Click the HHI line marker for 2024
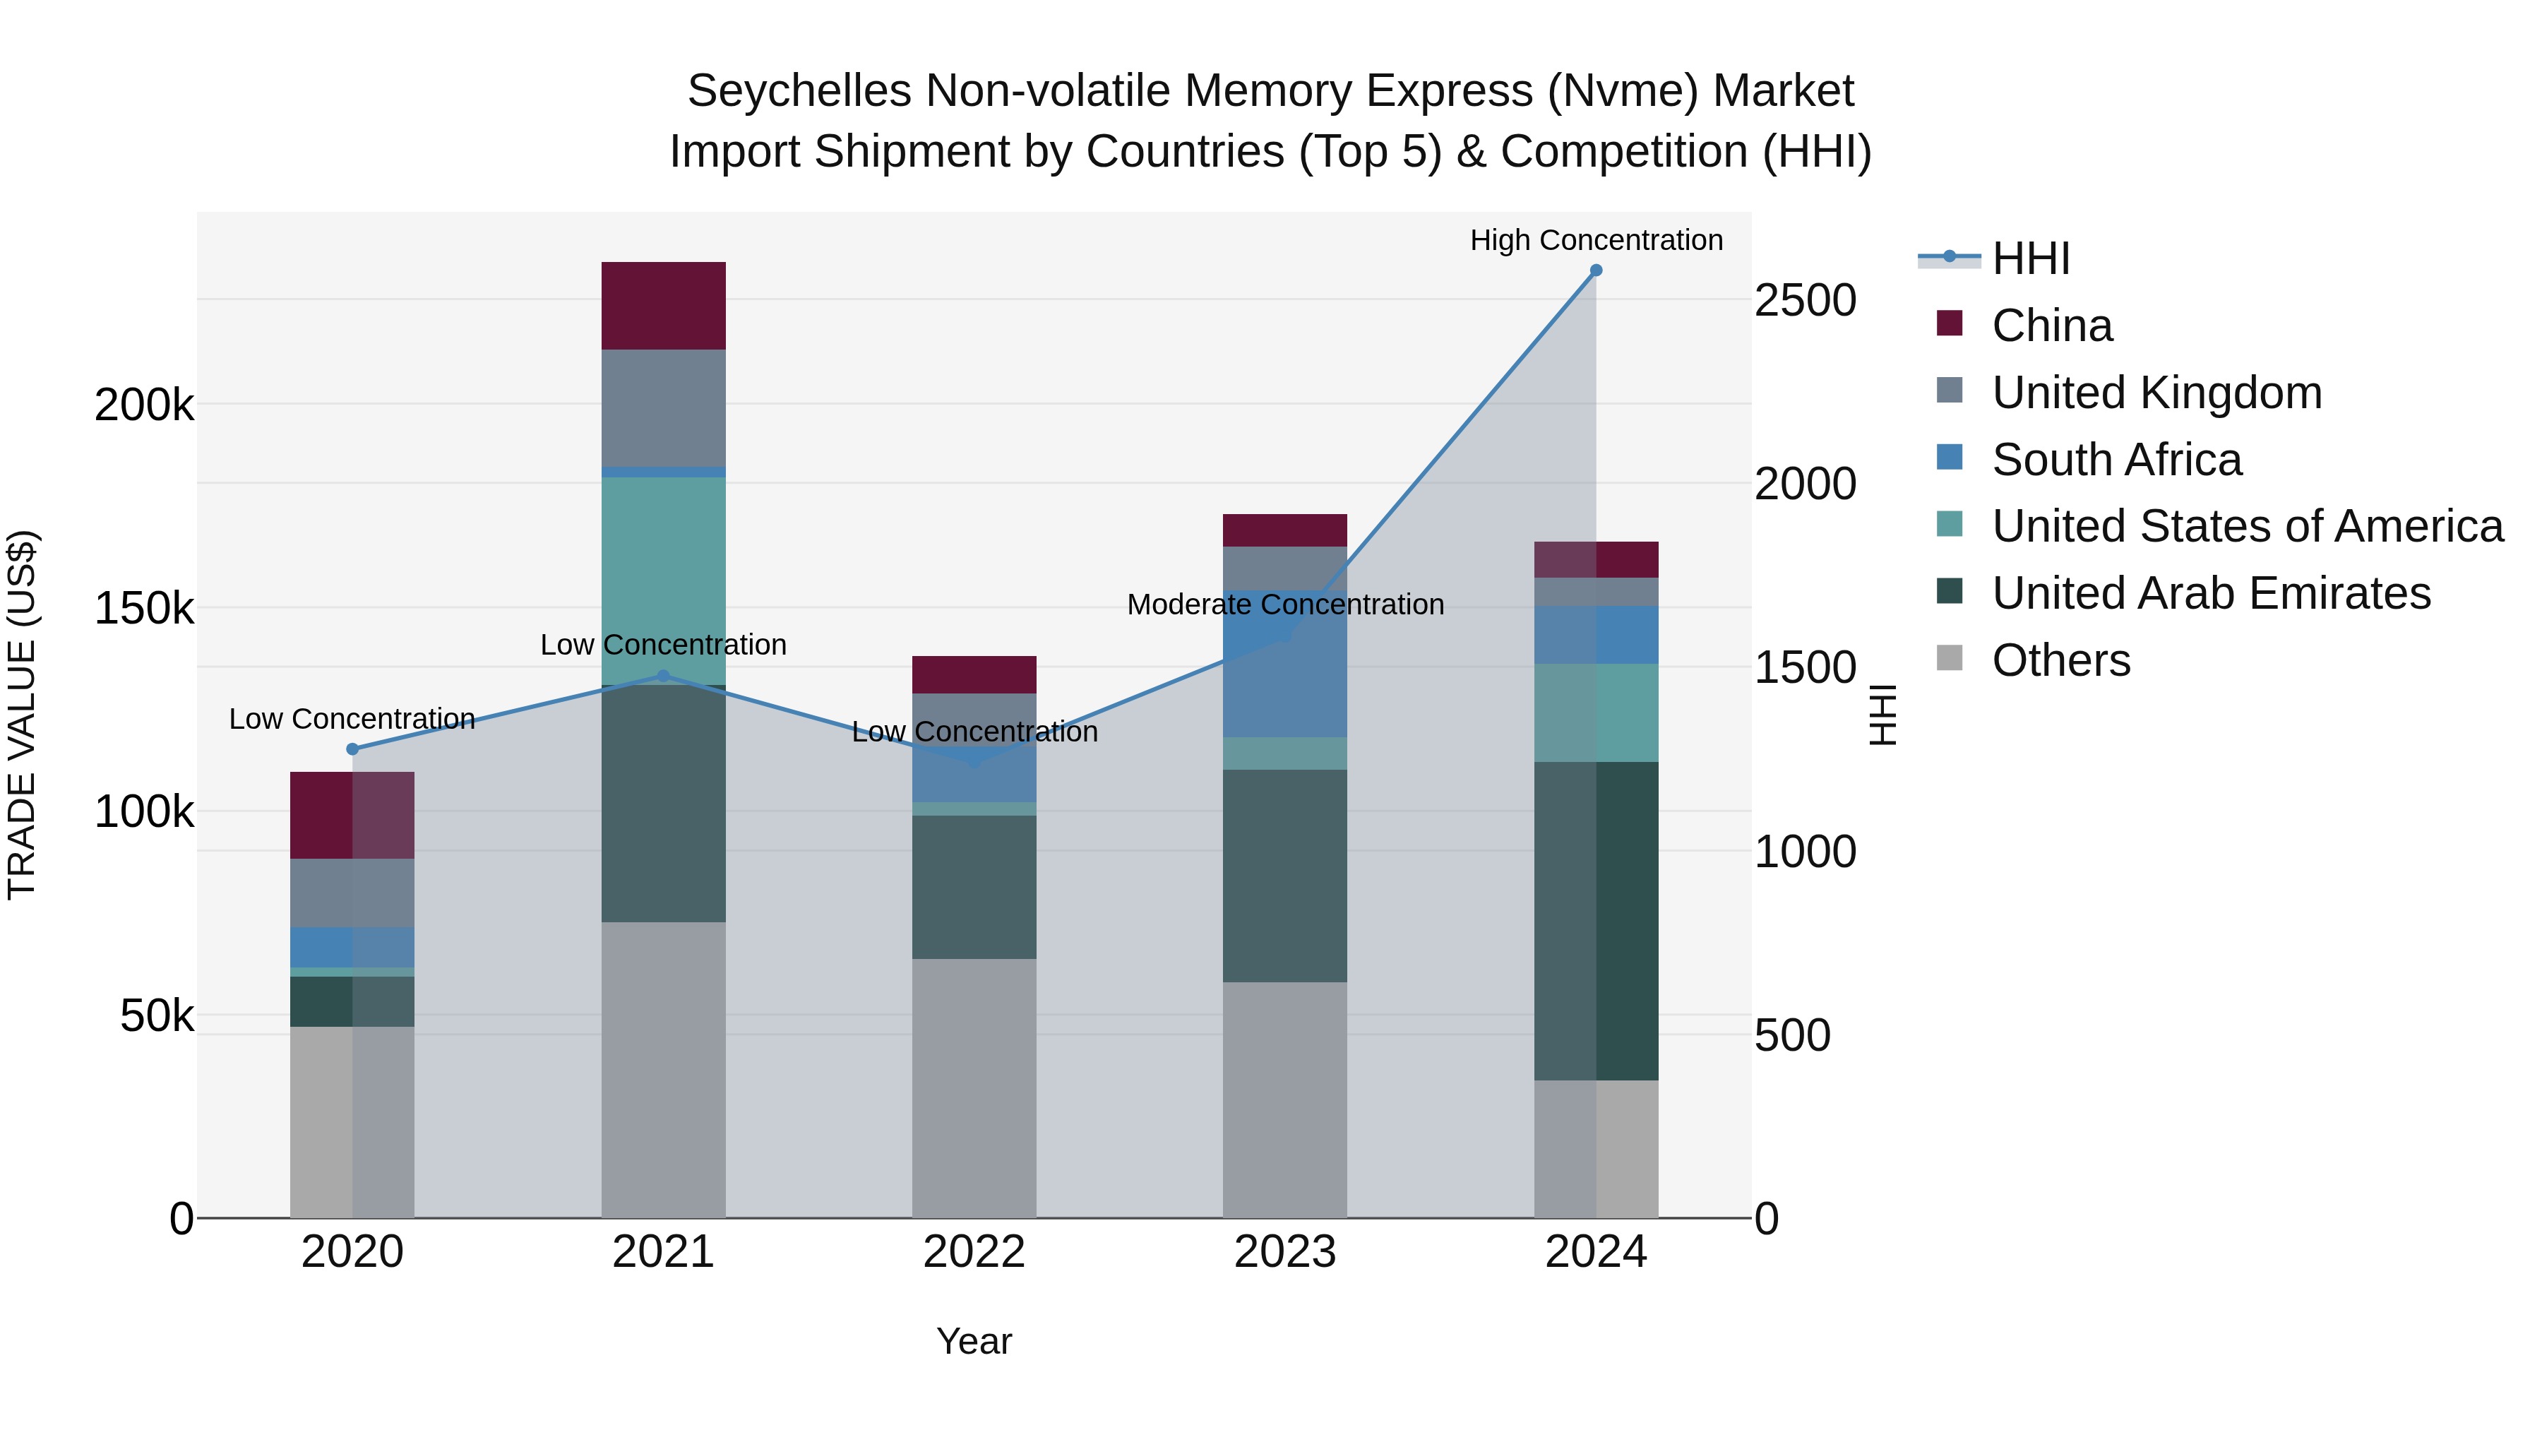click(x=1596, y=270)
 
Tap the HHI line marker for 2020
click(x=352, y=749)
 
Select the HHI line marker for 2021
click(x=663, y=676)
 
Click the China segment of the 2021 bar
click(x=663, y=306)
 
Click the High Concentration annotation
click(x=1596, y=240)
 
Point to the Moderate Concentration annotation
click(x=1285, y=604)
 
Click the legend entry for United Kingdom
click(x=2156, y=393)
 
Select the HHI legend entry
click(x=2030, y=258)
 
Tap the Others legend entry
click(x=2060, y=660)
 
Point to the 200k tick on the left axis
click(x=144, y=405)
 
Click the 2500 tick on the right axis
click(x=1805, y=300)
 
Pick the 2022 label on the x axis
click(x=974, y=1252)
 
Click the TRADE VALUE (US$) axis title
click(x=22, y=715)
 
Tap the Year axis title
click(x=974, y=1341)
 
